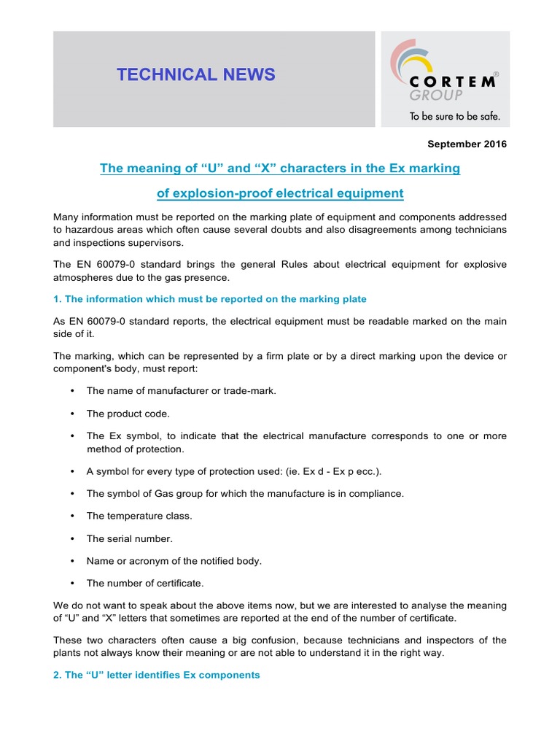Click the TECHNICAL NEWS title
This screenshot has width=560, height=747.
[x=196, y=74]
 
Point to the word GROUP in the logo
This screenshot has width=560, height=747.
[x=436, y=96]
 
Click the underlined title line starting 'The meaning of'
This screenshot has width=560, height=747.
[x=280, y=169]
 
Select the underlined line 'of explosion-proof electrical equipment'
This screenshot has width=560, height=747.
[x=280, y=193]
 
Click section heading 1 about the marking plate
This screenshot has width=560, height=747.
[x=210, y=299]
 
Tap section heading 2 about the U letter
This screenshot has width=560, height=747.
[x=157, y=675]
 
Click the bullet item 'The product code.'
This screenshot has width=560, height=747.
[x=128, y=414]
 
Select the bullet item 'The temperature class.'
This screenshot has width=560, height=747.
[x=139, y=516]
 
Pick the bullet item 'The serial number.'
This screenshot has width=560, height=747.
[x=129, y=539]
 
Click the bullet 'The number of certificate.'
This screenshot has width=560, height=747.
[x=145, y=583]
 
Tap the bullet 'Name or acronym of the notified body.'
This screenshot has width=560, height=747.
[x=174, y=561]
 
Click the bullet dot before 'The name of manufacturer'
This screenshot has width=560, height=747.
[x=72, y=391]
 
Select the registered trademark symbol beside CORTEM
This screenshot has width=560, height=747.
[x=497, y=74]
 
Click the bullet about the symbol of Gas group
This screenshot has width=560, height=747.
[x=244, y=494]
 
